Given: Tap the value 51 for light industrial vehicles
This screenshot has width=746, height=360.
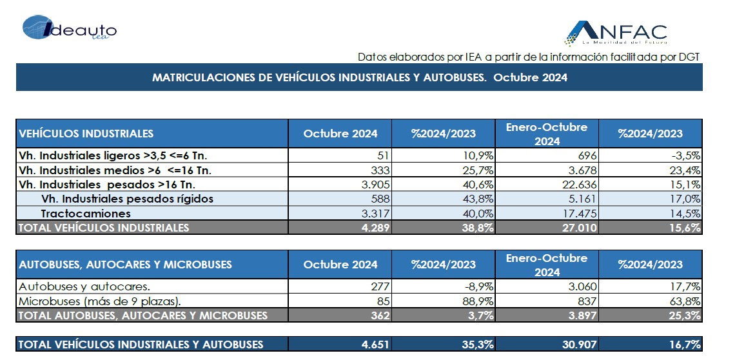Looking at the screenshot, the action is coord(383,155).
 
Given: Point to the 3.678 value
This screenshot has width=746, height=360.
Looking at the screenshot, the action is coord(582,170).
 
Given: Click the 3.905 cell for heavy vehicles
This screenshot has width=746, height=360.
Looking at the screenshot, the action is coord(375,185).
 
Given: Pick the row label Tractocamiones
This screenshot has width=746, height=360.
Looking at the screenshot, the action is coord(86,214).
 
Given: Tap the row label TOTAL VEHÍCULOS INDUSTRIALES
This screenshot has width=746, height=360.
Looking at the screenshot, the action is coord(103,228).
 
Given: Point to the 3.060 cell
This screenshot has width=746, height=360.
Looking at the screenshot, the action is coord(582,286).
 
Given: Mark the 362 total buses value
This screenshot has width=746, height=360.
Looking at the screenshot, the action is coord(381,315).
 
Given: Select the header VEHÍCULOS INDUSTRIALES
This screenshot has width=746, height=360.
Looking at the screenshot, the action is coord(86,134).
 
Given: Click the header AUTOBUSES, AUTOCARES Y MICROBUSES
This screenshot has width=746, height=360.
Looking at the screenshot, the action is coord(125,265).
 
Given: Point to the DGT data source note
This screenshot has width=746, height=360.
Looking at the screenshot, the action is coord(529,57).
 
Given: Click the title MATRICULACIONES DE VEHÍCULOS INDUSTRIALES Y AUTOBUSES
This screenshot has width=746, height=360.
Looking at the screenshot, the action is coord(319,77).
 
